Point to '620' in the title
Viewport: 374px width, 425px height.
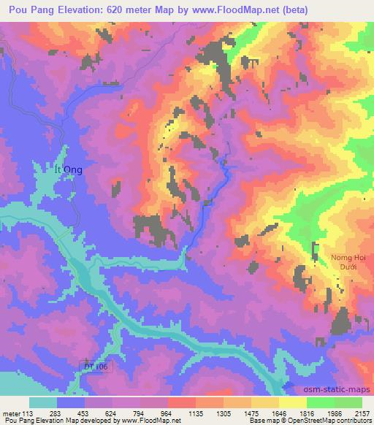[x=121, y=10]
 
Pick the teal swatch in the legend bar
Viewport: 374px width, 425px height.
[x=42, y=402]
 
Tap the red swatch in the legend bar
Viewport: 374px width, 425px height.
[x=181, y=402]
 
